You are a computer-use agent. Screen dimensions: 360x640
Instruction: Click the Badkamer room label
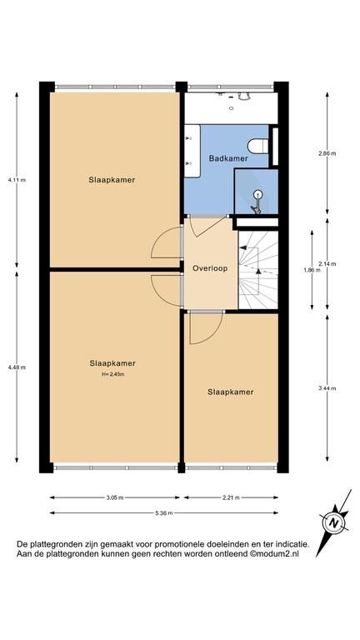[x=228, y=158]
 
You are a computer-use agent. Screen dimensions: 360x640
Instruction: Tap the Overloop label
[x=210, y=268]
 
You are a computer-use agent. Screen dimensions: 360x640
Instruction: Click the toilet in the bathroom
[x=258, y=146]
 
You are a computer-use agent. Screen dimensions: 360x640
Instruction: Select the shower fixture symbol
[x=257, y=202]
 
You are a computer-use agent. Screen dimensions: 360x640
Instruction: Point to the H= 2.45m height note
[x=113, y=373]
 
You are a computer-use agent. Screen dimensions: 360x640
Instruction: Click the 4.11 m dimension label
[x=17, y=180]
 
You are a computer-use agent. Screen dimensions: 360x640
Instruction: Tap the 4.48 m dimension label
[x=17, y=367]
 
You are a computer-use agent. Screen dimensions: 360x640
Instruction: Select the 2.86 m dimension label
[x=327, y=153]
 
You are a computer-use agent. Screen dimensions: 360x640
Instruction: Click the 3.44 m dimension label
[x=327, y=388]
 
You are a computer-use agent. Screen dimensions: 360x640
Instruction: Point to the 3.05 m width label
[x=115, y=497]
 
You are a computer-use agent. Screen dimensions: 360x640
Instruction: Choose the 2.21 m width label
[x=231, y=497]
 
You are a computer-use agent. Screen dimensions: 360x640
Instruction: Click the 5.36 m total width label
[x=163, y=513]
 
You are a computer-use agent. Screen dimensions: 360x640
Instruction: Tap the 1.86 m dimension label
[x=312, y=270]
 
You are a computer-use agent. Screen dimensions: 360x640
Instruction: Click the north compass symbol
[x=334, y=522]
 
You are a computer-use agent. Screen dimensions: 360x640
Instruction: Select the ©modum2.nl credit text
[x=274, y=554]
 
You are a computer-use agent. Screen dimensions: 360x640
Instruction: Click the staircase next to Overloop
[x=258, y=270]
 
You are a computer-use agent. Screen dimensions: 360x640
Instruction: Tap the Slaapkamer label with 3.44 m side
[x=231, y=392]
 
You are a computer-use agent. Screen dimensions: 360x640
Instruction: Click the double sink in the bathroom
[x=192, y=151]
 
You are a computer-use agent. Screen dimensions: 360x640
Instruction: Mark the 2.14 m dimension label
[x=327, y=263]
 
